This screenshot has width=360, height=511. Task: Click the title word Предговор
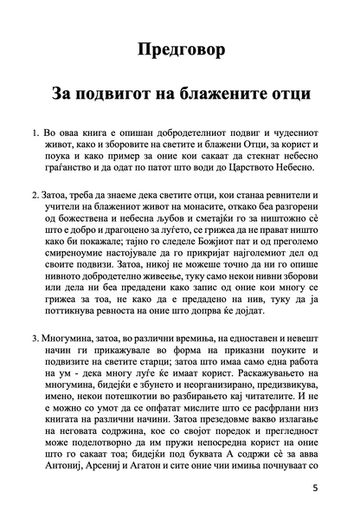181,49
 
